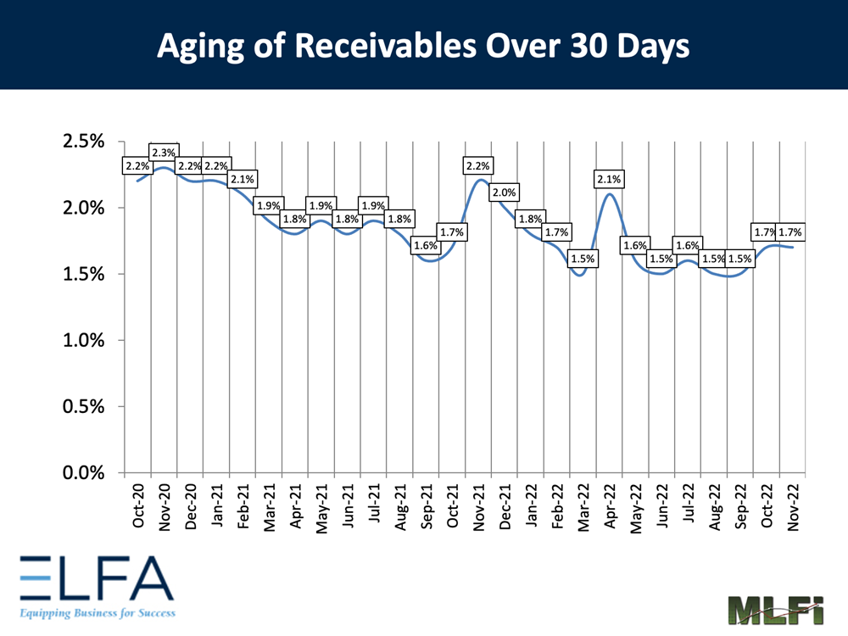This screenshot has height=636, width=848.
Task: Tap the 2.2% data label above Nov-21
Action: [477, 166]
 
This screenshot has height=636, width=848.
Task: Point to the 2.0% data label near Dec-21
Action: [504, 192]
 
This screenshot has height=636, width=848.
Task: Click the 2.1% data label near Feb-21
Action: [243, 179]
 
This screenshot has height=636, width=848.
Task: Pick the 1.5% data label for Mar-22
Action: [582, 259]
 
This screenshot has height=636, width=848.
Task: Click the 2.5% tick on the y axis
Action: [83, 142]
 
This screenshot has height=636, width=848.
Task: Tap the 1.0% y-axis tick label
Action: [83, 341]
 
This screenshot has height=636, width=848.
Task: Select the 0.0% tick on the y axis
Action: [83, 473]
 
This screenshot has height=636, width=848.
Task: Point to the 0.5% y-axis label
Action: [83, 407]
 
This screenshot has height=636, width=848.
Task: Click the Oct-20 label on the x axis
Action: [138, 507]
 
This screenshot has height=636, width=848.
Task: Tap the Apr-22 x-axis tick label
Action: [610, 507]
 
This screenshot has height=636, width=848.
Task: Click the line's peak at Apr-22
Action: [610, 194]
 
